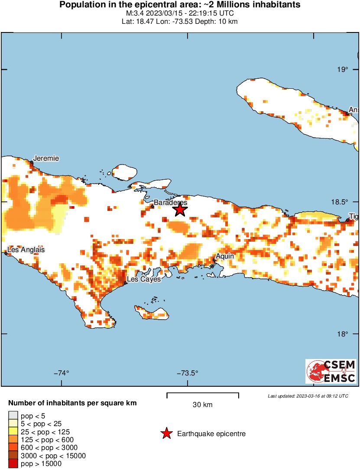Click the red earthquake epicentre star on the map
click(x=180, y=210)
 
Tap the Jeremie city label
click(x=47, y=158)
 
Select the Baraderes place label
click(x=171, y=202)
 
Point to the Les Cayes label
click(x=143, y=279)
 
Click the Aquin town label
click(x=225, y=256)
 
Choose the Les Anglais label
click(x=26, y=250)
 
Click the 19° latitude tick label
click(x=343, y=70)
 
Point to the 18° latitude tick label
click(x=343, y=334)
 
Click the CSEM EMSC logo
click(x=331, y=371)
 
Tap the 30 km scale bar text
click(x=202, y=405)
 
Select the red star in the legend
click(x=166, y=433)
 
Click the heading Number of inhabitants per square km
click(x=72, y=403)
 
